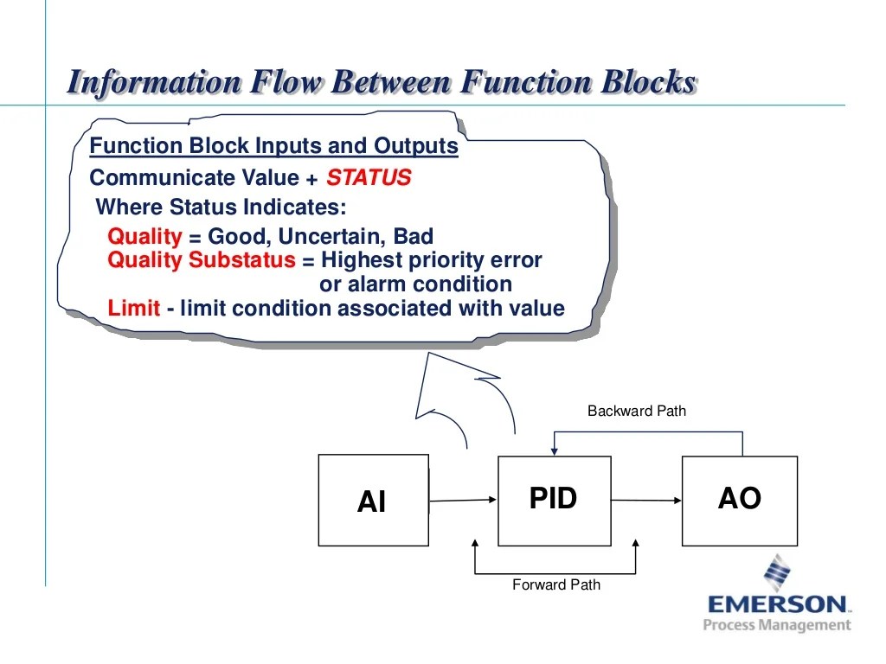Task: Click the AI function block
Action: [373, 501]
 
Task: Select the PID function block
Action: [553, 499]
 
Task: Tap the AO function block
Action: [739, 499]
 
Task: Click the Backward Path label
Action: [636, 411]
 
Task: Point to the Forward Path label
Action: [555, 584]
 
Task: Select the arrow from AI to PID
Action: [463, 500]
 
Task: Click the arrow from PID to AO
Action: [645, 500]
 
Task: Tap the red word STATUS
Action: [368, 178]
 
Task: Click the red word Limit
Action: [133, 309]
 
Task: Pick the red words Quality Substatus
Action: [202, 260]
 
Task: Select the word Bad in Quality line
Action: [413, 237]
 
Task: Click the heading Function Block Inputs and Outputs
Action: [273, 146]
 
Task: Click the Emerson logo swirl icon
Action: [777, 571]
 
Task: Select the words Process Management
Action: [776, 625]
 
